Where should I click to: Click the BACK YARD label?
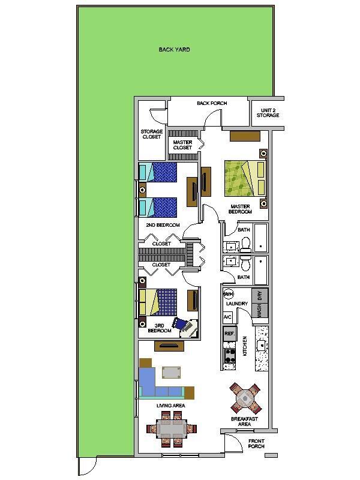[175, 50]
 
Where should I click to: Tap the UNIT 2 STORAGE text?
[268, 113]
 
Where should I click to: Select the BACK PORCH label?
[212, 103]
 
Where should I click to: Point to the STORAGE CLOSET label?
[151, 134]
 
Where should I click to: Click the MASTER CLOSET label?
[182, 145]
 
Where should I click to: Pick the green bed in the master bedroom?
[244, 178]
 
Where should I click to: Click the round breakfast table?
[245, 397]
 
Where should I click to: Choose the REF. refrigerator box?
[229, 333]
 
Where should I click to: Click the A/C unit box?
[227, 316]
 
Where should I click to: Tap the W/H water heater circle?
[229, 294]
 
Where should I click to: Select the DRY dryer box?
[260, 295]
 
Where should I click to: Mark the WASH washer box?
[260, 311]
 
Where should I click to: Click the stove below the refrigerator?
[229, 355]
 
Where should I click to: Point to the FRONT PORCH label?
[256, 443]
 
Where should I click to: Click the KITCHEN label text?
[245, 346]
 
